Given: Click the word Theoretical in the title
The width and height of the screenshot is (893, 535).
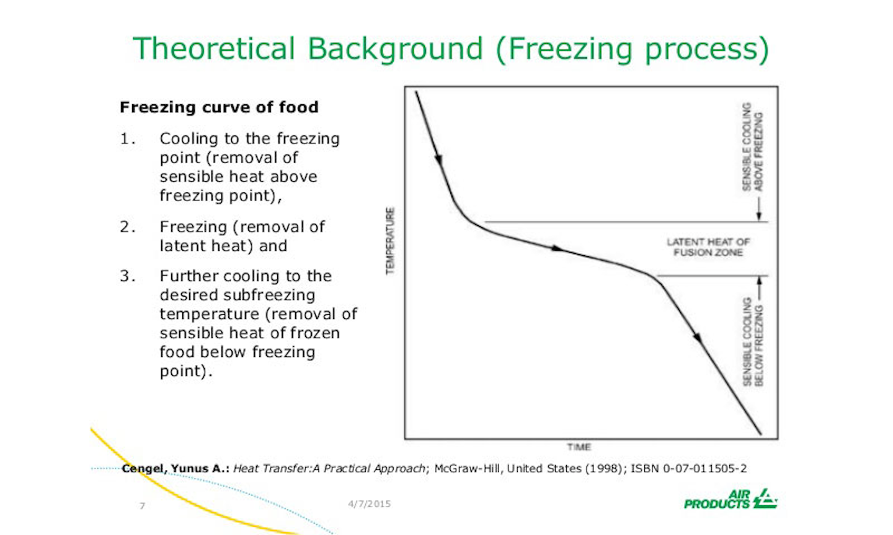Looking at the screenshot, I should (x=214, y=48).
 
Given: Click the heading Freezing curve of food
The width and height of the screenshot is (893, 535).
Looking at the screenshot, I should (x=219, y=107).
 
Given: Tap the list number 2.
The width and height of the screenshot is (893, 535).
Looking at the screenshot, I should (x=127, y=227).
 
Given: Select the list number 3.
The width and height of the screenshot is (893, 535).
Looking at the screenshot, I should (x=127, y=276).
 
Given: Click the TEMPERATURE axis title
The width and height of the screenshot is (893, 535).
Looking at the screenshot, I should (x=390, y=241).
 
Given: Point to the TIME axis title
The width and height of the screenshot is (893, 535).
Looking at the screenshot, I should (x=579, y=447).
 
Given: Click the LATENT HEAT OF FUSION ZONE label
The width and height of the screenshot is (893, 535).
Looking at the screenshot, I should (x=708, y=247).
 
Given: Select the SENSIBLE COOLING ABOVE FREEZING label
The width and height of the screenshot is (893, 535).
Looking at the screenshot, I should (x=752, y=146).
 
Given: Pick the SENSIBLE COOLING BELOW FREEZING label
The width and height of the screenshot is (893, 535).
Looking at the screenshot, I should (x=752, y=342).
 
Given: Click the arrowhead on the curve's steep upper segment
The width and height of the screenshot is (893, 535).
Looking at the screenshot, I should (x=439, y=159).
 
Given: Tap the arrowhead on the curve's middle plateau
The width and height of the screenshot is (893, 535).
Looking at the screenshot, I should (x=558, y=248).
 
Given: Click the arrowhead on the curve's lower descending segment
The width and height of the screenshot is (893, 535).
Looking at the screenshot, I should (x=698, y=338).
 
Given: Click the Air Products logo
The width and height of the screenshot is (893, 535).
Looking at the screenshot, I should (x=730, y=499).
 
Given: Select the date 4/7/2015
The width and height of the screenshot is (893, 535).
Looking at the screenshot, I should (x=369, y=504).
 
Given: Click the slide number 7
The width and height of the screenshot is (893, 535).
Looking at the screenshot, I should (x=142, y=506).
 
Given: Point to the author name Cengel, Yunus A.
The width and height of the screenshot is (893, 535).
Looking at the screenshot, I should (x=175, y=469).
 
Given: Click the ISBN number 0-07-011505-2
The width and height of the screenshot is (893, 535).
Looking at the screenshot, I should (x=704, y=469).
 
